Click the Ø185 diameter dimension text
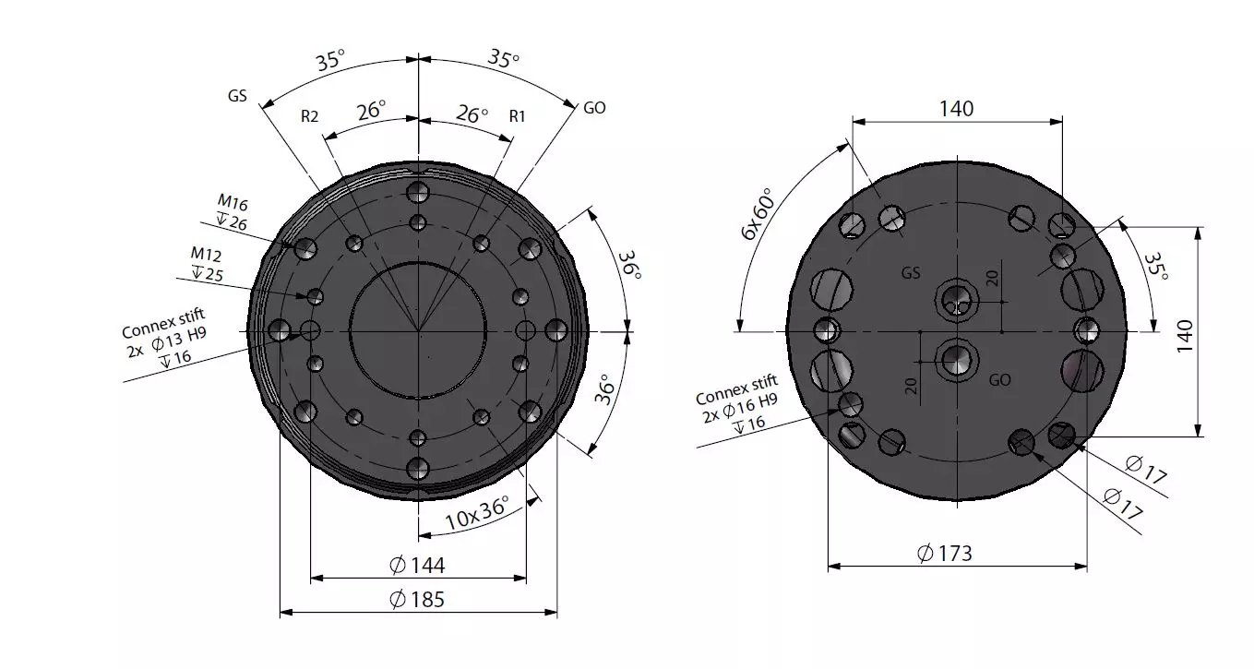pos(418,600)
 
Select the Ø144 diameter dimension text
pos(418,566)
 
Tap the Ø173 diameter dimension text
pos(945,554)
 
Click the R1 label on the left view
pos(517,116)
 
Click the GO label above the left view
pos(594,108)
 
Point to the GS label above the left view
pos(237,95)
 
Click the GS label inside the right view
pos(911,273)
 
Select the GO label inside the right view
pos(999,379)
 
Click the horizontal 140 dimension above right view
pos(956,109)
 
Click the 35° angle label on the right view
pos(1154,268)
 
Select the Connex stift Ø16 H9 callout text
pos(739,403)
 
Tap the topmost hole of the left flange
pos(419,192)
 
